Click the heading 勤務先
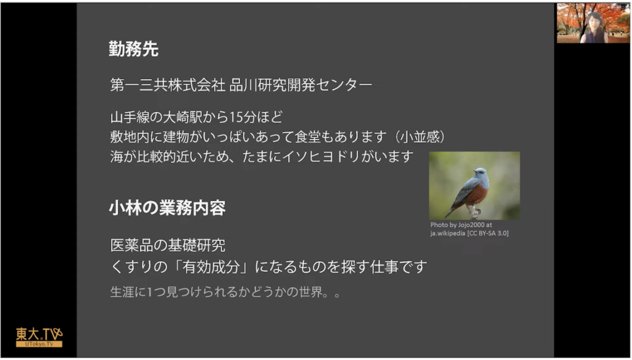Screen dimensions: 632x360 133,49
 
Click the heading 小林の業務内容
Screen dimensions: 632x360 167,208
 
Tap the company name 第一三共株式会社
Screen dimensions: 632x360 168,85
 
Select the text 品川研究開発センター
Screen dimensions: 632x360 301,85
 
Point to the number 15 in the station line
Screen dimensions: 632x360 236,117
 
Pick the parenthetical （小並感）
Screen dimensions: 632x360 420,137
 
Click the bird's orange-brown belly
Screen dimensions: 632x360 478,195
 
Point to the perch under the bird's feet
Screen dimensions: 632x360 473,212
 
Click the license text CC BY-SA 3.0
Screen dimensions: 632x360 489,233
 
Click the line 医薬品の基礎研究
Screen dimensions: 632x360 168,245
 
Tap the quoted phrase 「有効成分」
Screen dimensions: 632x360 210,267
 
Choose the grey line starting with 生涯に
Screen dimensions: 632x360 226,292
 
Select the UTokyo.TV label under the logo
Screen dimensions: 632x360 39,345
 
